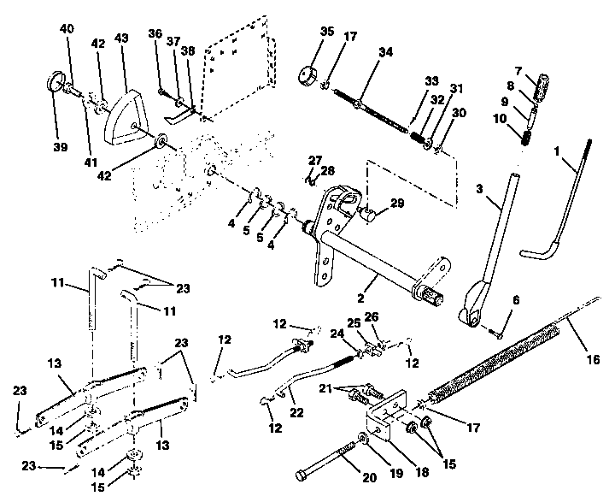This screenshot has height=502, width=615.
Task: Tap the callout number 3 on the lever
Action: (x=480, y=186)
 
